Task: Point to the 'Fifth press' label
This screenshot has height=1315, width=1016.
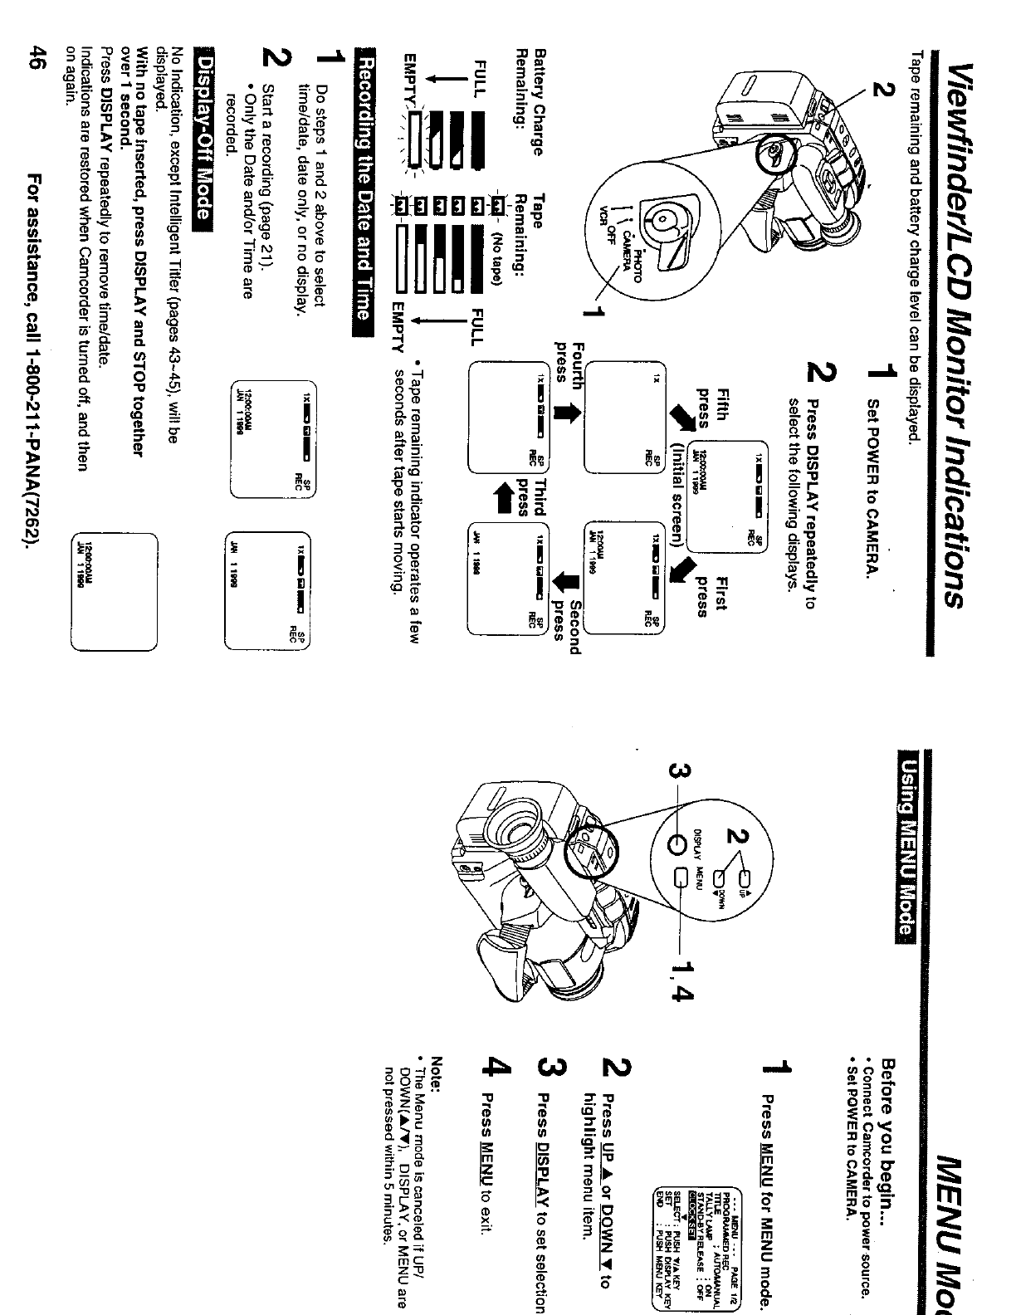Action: pyautogui.click(x=711, y=409)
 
